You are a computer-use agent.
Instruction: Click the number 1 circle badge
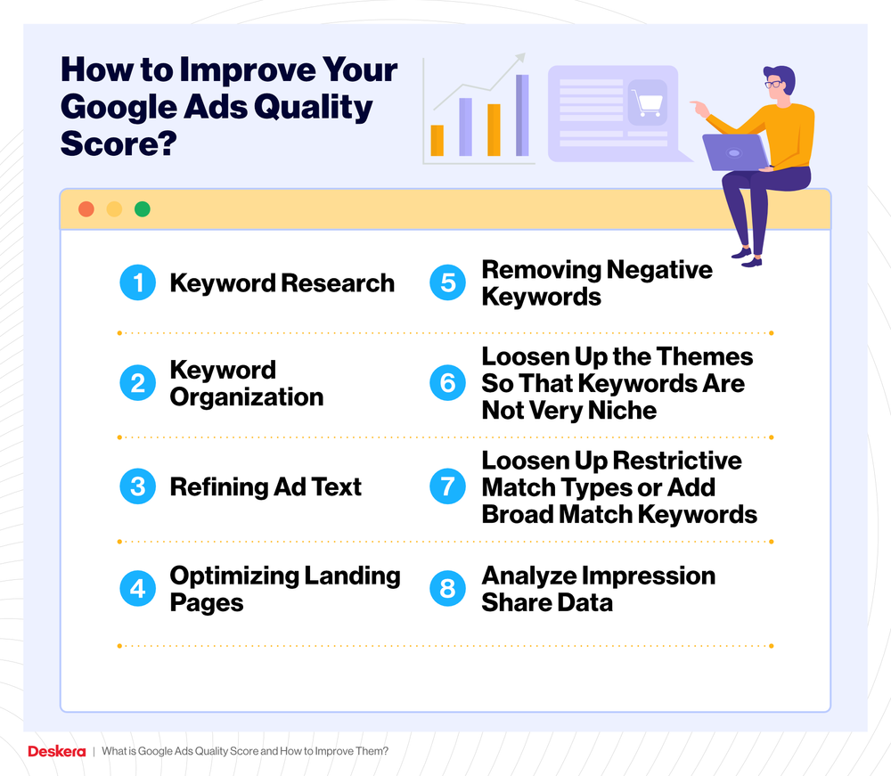pyautogui.click(x=137, y=283)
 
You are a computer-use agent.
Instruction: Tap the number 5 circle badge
pyautogui.click(x=448, y=283)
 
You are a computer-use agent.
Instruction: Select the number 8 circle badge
pyautogui.click(x=448, y=589)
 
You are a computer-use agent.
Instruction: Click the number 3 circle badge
pyautogui.click(x=137, y=486)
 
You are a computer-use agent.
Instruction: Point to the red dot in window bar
pyautogui.click(x=86, y=209)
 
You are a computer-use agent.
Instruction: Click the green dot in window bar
pyautogui.click(x=142, y=209)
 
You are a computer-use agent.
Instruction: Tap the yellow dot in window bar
pyautogui.click(x=114, y=209)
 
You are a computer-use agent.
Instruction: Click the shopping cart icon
pyautogui.click(x=646, y=102)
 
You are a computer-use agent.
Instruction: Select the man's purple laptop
pyautogui.click(x=736, y=152)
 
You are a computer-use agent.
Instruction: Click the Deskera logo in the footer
pyautogui.click(x=55, y=751)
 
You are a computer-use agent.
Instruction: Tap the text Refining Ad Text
pyautogui.click(x=266, y=486)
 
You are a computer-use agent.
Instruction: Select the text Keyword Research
pyautogui.click(x=282, y=283)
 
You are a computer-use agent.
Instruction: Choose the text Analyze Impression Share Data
pyautogui.click(x=598, y=589)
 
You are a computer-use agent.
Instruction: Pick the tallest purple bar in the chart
pyautogui.click(x=522, y=115)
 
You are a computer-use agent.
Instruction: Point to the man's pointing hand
pyautogui.click(x=698, y=108)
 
